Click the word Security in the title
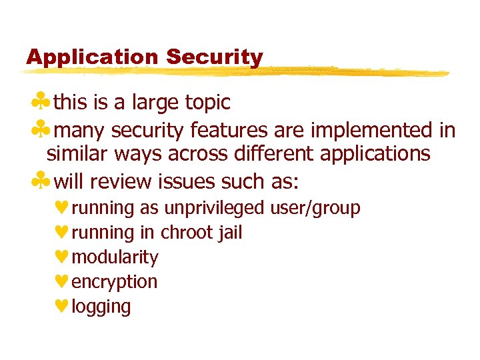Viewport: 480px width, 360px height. [x=215, y=58]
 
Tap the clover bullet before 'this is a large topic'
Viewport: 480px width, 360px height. [x=42, y=103]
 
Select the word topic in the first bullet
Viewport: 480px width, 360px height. [x=207, y=103]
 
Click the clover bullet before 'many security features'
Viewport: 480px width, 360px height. [x=42, y=129]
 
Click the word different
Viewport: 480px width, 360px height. [x=275, y=154]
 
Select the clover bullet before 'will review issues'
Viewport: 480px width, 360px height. [x=42, y=181]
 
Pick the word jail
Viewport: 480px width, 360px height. [x=229, y=233]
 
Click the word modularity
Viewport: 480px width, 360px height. [x=115, y=257]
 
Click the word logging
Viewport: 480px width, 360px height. [x=101, y=307]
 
